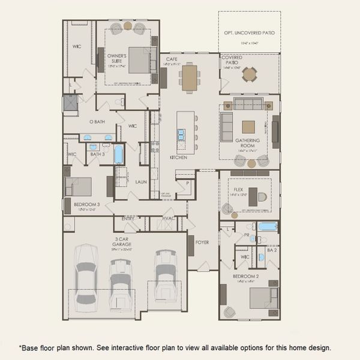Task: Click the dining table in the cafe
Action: (190, 77)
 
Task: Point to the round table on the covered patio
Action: (249, 74)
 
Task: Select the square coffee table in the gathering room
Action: (248, 127)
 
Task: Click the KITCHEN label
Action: (178, 157)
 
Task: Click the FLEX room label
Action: (238, 189)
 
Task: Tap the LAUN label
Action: (141, 181)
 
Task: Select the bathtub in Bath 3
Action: (119, 154)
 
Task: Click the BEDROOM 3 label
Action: (86, 204)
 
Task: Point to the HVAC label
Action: (169, 218)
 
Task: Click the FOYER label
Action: (202, 242)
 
